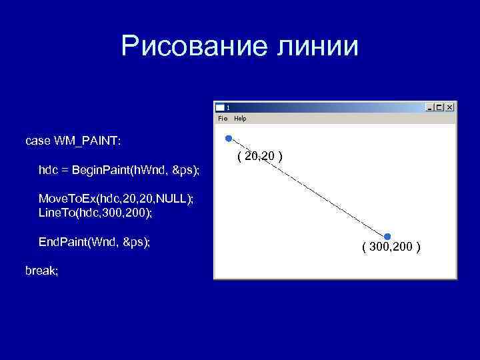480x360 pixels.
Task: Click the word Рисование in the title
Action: click(x=191, y=47)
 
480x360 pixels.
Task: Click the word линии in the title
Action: click(x=317, y=47)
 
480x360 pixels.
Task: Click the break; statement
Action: click(x=41, y=271)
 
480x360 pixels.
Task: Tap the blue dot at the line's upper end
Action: click(x=228, y=139)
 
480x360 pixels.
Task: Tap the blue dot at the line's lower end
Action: click(x=387, y=236)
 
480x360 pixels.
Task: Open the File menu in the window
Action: click(x=223, y=119)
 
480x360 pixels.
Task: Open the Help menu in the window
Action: click(x=240, y=119)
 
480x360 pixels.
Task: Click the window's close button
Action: click(x=450, y=107)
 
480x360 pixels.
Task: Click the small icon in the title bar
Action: click(x=220, y=107)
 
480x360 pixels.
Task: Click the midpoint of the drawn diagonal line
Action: click(x=307, y=187)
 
